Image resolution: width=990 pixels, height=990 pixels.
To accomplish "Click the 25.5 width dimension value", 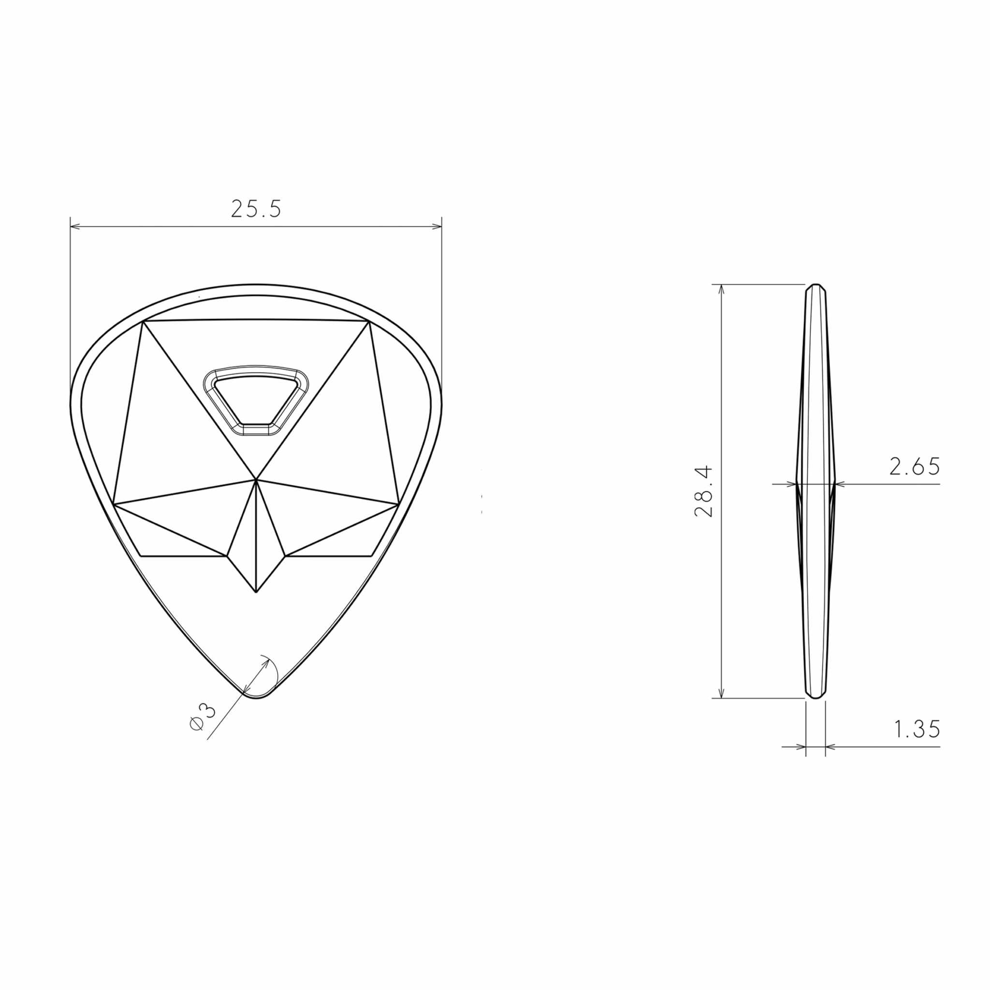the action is click(x=256, y=208).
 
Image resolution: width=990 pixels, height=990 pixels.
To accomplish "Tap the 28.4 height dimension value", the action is click(x=704, y=491).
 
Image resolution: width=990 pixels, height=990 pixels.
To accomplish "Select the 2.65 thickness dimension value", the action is click(x=915, y=466).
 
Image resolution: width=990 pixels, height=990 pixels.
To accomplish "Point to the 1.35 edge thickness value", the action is click(x=917, y=729).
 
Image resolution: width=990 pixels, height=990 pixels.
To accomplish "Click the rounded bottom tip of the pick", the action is click(x=256, y=698).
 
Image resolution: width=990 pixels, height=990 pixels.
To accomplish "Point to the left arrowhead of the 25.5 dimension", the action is click(x=75, y=226).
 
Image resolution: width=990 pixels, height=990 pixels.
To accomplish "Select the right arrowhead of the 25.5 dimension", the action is click(x=437, y=226).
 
